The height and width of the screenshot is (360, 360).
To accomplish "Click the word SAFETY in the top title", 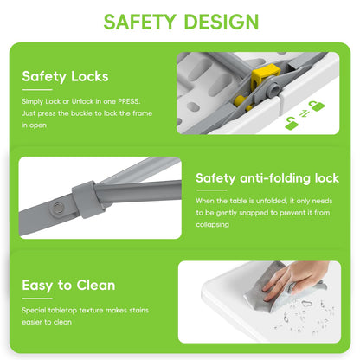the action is coord(139,22).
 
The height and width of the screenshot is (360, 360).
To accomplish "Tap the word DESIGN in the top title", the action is coord(222,22).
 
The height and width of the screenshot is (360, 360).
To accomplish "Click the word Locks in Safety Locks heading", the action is coord(90,76).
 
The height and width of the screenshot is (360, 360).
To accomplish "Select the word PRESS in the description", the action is coord(128,101).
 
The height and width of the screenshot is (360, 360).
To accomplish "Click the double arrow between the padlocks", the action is coord(304,113).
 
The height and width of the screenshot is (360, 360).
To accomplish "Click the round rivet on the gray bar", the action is coord(58,208).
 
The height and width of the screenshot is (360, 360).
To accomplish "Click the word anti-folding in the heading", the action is coord(275,178).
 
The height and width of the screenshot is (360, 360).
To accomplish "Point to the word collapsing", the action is coord(213,225).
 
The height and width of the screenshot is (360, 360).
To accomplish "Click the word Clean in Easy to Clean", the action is coord(96,286).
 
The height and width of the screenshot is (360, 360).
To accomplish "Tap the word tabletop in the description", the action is coord(62,311).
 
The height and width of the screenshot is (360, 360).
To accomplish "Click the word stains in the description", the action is coord(138,310).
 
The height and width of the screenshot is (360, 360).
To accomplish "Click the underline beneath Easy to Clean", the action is coord(37,299).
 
